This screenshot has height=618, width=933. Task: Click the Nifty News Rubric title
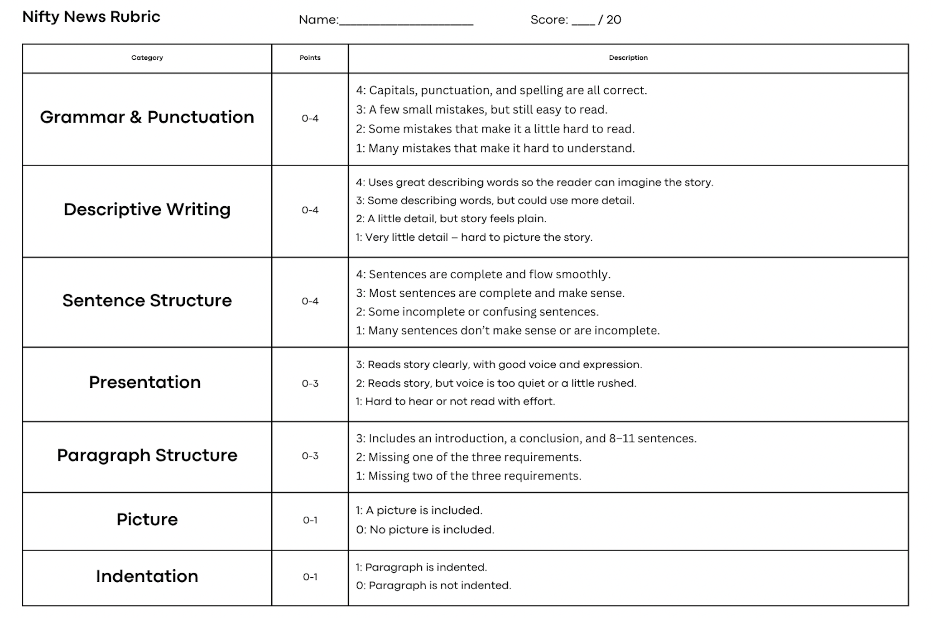coord(91,17)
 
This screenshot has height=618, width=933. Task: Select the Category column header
coord(147,58)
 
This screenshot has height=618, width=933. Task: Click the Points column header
coord(310,58)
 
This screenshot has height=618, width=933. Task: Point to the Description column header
coord(628,58)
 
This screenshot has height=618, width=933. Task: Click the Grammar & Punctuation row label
coord(147,117)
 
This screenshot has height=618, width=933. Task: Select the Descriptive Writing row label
coord(147,209)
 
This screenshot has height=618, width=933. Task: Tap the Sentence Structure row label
coord(147,301)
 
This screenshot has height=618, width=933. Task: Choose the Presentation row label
coord(145,383)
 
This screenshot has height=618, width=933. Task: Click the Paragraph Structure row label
coord(147,456)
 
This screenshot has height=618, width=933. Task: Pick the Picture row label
coord(147,520)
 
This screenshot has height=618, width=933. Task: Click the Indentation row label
coord(147,577)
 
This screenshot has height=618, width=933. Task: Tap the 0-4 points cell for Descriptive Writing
coord(310,210)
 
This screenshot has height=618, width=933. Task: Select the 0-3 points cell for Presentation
coord(310,384)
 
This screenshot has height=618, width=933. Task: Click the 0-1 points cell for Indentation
coord(310,577)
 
